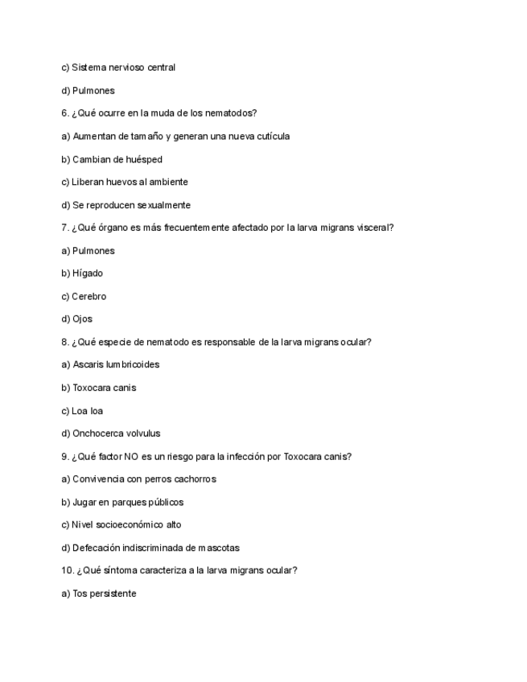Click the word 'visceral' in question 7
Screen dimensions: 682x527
373,228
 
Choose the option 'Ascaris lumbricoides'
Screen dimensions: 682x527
110,364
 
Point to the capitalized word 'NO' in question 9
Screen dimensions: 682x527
132,456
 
